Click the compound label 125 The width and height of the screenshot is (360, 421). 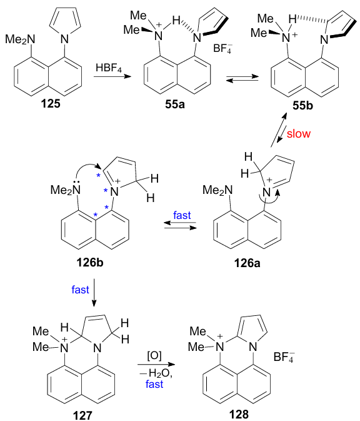click(51, 103)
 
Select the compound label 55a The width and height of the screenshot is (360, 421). click(175, 104)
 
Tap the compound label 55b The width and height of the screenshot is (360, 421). click(302, 106)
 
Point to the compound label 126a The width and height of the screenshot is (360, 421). click(247, 263)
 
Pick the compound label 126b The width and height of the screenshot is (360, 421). click(89, 262)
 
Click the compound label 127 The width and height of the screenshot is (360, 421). click(82, 415)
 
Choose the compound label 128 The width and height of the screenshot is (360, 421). click(239, 414)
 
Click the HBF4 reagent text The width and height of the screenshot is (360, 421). click(109, 68)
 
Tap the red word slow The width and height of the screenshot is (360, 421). click(299, 133)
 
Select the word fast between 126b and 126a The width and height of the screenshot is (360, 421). click(182, 215)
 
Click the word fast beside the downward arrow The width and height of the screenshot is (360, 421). click(80, 290)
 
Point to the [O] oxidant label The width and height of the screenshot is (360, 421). click(154, 356)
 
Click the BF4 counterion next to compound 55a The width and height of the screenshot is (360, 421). click(222, 49)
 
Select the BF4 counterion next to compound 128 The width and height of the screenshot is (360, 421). click(283, 357)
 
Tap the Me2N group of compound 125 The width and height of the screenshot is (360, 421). click(20, 40)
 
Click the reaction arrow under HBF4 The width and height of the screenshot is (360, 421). click(112, 76)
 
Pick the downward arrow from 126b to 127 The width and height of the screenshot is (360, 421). click(94, 293)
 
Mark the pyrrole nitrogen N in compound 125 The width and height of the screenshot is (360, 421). click(64, 39)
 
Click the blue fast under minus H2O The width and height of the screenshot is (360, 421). click(154, 384)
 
